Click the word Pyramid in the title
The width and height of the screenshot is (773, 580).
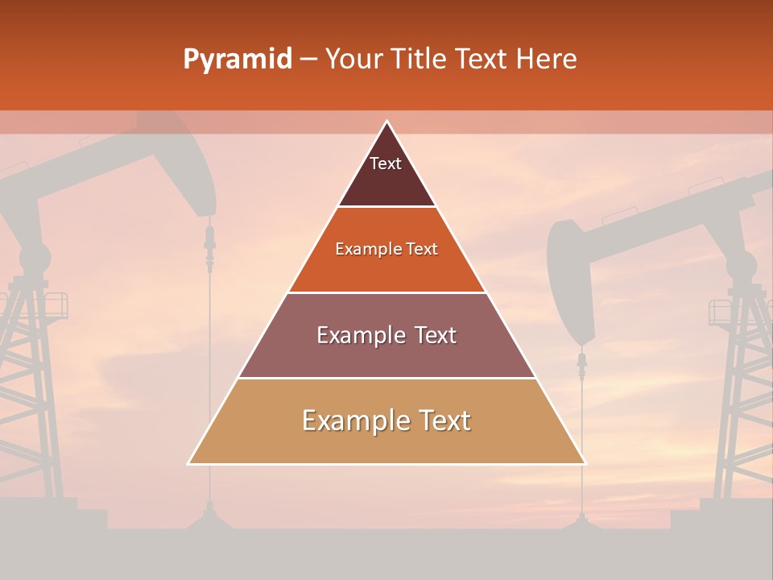coord(238,60)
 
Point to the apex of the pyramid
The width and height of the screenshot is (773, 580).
coord(386,122)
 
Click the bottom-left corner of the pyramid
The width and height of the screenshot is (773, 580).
coord(189,463)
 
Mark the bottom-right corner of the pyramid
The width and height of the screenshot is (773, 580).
coord(585,463)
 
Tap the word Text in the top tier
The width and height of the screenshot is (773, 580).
coord(386,164)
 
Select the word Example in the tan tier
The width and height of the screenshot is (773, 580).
coord(351,420)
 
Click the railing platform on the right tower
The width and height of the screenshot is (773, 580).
coord(730,312)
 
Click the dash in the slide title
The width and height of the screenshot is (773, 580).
coord(308,60)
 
